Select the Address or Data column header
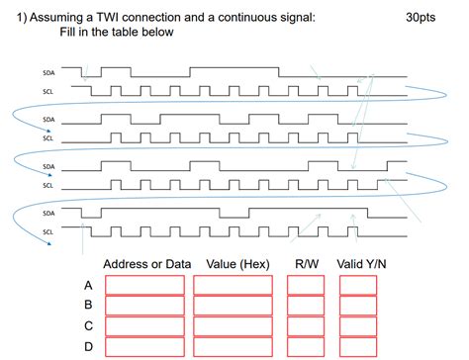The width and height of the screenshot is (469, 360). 146,264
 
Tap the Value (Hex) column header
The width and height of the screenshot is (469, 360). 237,264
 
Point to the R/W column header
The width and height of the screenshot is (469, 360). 306,264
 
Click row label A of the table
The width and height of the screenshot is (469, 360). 88,285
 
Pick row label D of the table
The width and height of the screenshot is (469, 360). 88,347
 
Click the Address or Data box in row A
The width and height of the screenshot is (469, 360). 144,285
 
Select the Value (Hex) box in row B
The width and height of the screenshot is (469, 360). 233,306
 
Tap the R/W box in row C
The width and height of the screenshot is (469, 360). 305,326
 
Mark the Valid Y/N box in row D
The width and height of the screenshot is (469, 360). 357,347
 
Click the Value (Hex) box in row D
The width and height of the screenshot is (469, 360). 233,347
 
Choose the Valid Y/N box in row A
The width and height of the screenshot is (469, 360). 357,285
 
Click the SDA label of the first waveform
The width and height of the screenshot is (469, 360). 49,72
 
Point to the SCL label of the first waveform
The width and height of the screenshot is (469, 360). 49,91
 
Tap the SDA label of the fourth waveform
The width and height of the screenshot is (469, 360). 49,213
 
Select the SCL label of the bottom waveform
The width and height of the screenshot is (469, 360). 49,232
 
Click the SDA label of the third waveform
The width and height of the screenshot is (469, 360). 49,166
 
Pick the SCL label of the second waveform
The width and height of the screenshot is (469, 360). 49,138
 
